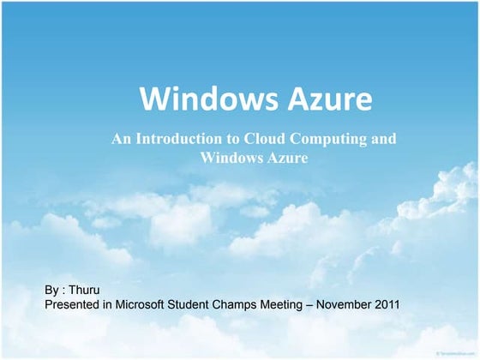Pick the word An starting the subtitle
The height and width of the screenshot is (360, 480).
[121, 140]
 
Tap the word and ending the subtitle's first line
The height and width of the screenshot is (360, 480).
[383, 140]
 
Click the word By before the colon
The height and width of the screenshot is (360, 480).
[51, 291]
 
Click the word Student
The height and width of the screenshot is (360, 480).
[206, 304]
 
